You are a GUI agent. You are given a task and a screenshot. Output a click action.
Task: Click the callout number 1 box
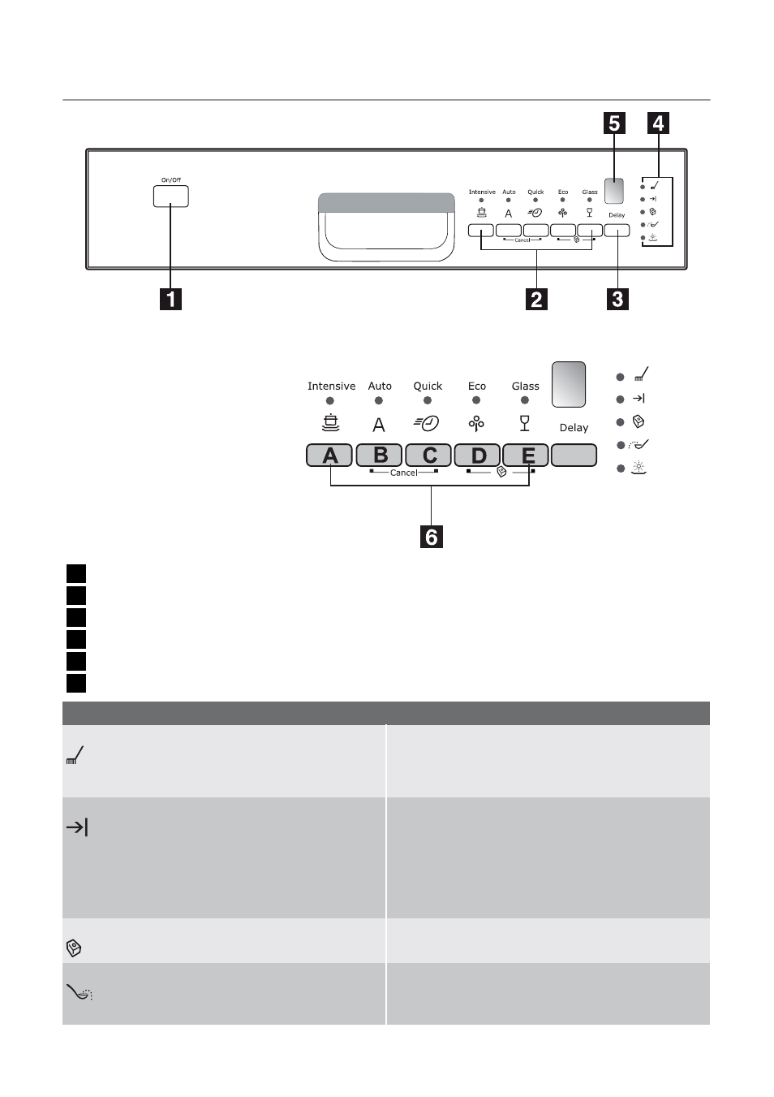click(x=170, y=299)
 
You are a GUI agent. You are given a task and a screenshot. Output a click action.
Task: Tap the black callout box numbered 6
click(x=431, y=536)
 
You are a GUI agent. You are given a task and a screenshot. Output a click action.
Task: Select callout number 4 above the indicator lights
click(x=658, y=123)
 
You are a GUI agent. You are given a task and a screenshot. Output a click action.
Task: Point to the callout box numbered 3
click(x=617, y=299)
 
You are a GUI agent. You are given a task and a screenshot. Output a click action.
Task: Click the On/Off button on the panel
click(x=170, y=197)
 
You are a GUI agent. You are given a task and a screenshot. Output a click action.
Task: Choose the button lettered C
click(x=428, y=455)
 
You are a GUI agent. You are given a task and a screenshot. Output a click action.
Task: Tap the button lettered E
click(x=526, y=455)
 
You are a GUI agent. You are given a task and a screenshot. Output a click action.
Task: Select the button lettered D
click(x=477, y=455)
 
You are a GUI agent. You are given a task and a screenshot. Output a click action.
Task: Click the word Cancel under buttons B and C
click(x=404, y=473)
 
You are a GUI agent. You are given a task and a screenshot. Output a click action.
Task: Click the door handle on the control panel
click(x=386, y=227)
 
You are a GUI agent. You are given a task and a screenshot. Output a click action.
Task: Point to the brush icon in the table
click(x=75, y=754)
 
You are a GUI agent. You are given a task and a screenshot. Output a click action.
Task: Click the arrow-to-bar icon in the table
click(x=77, y=827)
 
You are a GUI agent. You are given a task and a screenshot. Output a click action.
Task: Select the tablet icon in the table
click(x=73, y=948)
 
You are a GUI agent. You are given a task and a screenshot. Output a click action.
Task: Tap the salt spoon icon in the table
click(x=80, y=992)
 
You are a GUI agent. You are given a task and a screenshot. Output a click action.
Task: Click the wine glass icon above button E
click(x=524, y=423)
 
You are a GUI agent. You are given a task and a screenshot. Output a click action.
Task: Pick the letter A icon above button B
click(x=379, y=425)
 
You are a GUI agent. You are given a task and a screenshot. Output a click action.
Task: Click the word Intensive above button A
click(x=331, y=386)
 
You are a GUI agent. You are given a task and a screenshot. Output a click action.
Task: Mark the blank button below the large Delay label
click(x=574, y=455)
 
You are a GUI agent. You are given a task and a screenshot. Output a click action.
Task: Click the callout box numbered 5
click(x=614, y=123)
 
